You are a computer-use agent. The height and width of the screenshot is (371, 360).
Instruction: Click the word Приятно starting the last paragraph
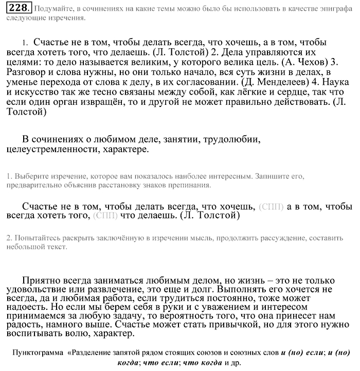[x=42, y=281]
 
